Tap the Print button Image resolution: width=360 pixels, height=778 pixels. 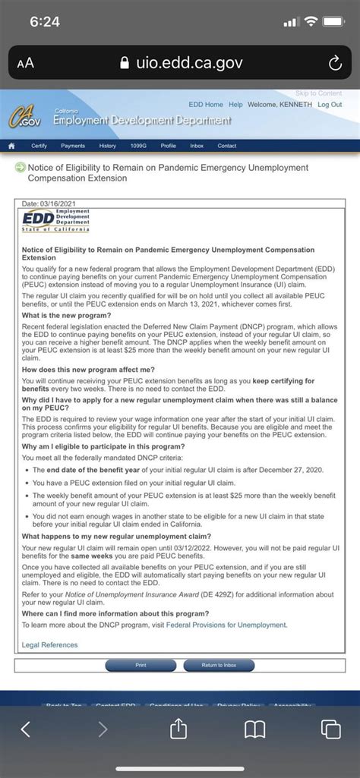(141, 665)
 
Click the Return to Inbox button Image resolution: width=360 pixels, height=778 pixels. (219, 665)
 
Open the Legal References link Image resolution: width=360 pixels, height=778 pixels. (49, 645)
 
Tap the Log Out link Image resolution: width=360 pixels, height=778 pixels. (330, 104)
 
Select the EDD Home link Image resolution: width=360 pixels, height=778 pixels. (206, 104)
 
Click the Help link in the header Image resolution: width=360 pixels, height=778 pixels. (235, 104)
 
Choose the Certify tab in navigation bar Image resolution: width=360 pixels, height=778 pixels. (39, 146)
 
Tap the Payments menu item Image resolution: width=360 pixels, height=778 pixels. (73, 146)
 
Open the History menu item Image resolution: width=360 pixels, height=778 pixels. (108, 146)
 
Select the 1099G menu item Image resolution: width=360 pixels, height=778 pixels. (139, 146)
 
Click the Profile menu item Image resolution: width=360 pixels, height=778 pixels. (168, 146)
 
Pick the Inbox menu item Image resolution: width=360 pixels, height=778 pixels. (197, 146)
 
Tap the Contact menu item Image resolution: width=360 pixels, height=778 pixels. (227, 146)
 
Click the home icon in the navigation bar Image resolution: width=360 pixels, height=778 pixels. (12, 146)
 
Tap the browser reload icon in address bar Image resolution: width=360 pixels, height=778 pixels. (334, 64)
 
